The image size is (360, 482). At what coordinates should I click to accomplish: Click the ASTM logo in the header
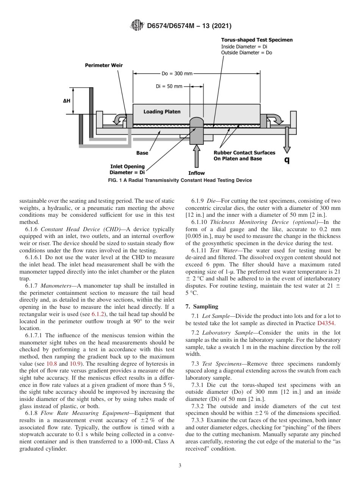pyautogui.click(x=137, y=26)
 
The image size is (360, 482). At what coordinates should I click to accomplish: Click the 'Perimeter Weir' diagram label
pyautogui.click(x=103, y=65)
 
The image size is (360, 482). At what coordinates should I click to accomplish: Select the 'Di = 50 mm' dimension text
pyautogui.click(x=169, y=86)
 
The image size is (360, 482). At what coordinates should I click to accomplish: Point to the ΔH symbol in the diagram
pyautogui.click(x=66, y=101)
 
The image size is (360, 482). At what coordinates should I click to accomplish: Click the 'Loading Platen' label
pyautogui.click(x=162, y=112)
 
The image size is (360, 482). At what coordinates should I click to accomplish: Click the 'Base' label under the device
pyautogui.click(x=142, y=153)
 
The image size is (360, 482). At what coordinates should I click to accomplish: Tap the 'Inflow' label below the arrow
pyautogui.click(x=196, y=173)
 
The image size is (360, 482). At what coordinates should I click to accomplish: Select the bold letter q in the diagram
pyautogui.click(x=287, y=160)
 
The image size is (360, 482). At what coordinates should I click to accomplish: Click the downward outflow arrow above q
pyautogui.click(x=287, y=140)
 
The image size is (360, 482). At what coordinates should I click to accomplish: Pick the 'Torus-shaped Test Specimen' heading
pyautogui.click(x=257, y=40)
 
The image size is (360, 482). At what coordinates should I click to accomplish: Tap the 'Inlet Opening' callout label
pyautogui.click(x=127, y=166)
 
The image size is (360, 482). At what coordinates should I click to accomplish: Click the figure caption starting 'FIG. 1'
pyautogui.click(x=180, y=180)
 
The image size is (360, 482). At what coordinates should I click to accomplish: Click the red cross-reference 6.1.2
pyautogui.click(x=98, y=314)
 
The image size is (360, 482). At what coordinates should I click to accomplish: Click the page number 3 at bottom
pyautogui.click(x=180, y=466)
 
